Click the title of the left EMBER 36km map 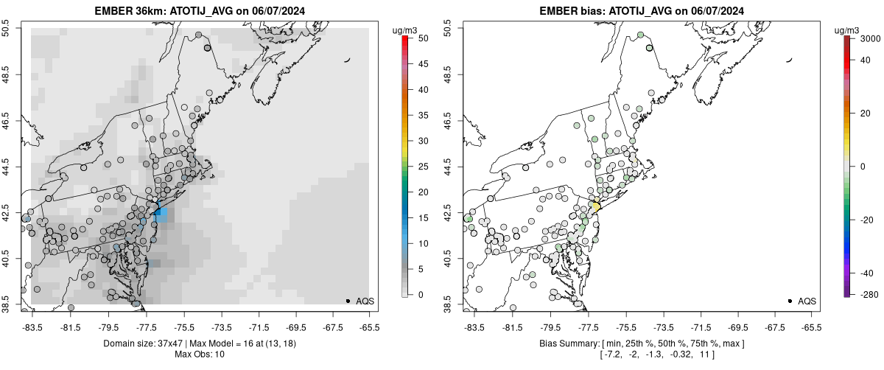pyautogui.click(x=200, y=10)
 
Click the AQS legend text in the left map pyautogui.click(x=365, y=301)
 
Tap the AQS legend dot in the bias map pyautogui.click(x=790, y=301)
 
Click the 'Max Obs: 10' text pyautogui.click(x=200, y=355)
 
